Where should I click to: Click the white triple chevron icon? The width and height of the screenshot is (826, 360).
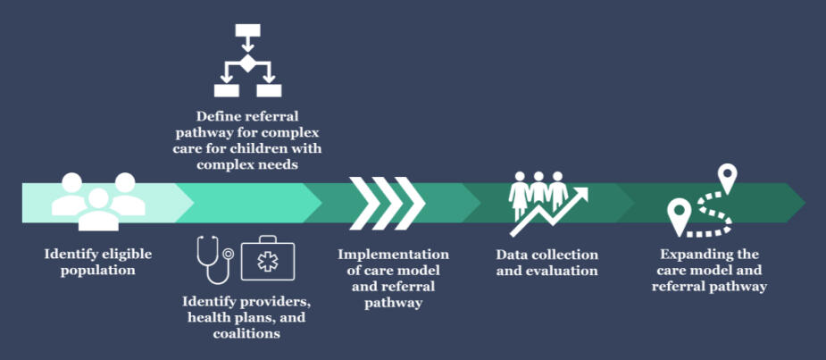coord(386,200)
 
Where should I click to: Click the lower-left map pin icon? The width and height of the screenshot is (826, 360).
coord(680,215)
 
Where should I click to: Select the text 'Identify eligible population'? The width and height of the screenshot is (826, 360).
coord(98,262)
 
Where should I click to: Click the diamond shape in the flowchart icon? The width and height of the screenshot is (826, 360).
coord(247,61)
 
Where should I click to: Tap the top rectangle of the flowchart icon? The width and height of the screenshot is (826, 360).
coord(247,31)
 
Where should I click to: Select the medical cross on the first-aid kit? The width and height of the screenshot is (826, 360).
coord(269,262)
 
